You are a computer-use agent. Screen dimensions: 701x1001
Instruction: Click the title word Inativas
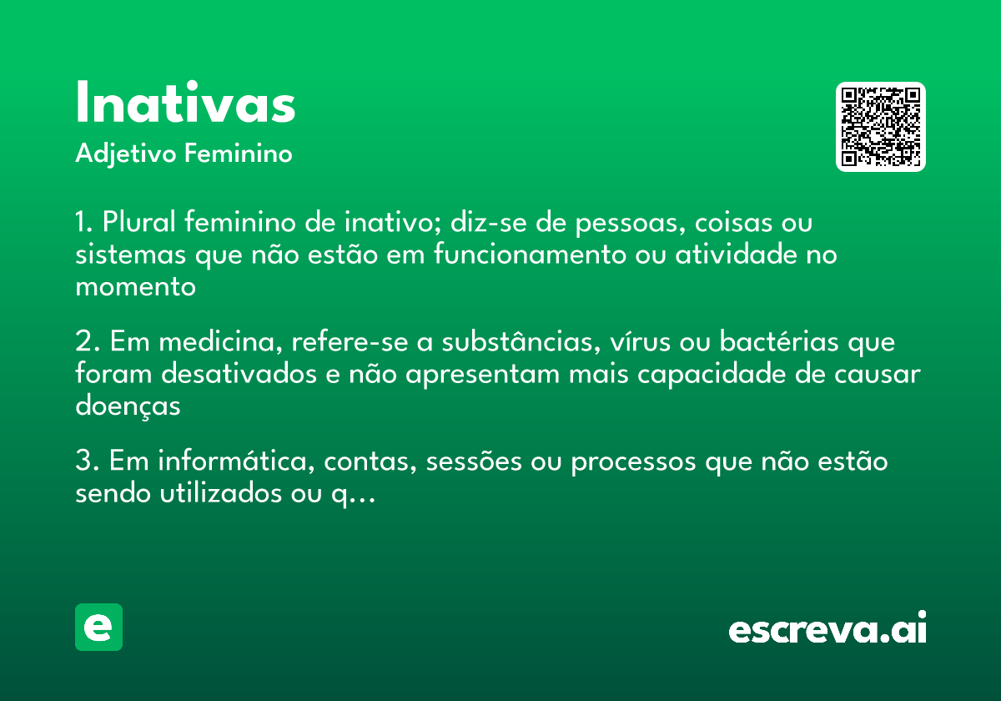(185, 104)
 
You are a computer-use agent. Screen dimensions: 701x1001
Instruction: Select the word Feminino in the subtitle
(239, 154)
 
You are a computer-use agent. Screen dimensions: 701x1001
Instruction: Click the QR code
(880, 127)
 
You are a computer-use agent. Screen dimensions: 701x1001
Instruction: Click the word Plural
(138, 223)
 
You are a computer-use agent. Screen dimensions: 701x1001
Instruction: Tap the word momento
(135, 286)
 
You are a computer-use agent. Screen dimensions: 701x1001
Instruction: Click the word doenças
(128, 406)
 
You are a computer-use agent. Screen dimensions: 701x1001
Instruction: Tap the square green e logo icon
(98, 627)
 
